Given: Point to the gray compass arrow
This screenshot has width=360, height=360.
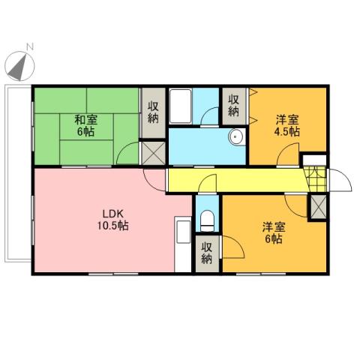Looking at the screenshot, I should tap(18, 67).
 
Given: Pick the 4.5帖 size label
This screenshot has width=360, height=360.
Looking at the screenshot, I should tap(288, 130).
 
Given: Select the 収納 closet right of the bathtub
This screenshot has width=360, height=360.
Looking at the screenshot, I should tap(233, 105).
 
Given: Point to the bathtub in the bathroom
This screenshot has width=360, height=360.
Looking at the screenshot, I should tap(181, 107).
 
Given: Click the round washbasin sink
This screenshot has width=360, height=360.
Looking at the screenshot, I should tap(235, 137).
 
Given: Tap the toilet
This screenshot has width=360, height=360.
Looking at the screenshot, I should tap(208, 220).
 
